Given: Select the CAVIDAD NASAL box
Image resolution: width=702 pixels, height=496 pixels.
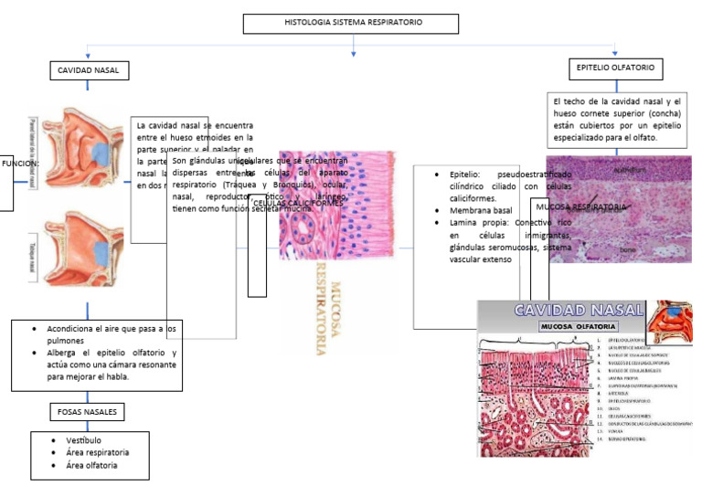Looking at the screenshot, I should click(88, 70).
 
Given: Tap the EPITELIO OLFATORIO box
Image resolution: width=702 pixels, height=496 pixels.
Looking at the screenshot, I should click(615, 69).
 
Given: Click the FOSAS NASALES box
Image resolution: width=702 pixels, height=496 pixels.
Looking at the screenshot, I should click(87, 412).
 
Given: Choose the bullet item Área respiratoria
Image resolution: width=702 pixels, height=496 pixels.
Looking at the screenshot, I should click(97, 452).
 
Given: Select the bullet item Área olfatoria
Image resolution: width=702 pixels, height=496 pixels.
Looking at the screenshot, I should click(91, 465).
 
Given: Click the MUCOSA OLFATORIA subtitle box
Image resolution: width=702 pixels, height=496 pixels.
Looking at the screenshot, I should click(579, 326).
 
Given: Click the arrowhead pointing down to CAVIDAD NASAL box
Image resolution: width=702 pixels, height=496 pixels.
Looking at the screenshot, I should click(88, 55).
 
